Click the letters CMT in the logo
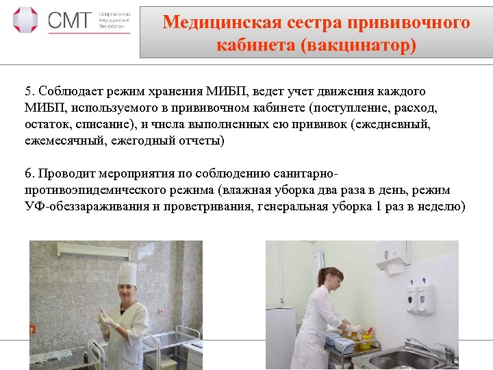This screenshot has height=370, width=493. [68, 21]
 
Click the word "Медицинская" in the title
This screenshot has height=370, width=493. [213, 23]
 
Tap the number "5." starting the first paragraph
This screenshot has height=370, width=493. [29, 91]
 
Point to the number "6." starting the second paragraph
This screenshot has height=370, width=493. [29, 173]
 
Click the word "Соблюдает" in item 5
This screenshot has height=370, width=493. [71, 91]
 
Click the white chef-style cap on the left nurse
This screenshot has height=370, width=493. [127, 273]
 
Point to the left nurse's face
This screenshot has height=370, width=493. [127, 293]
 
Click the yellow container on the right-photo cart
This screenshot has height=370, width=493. [366, 334]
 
